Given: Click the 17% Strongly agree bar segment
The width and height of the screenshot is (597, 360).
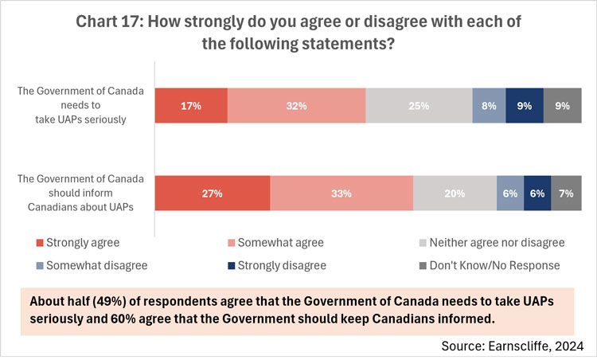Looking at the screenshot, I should point(191,105).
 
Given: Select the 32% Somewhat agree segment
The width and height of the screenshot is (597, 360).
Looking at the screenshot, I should point(296,105).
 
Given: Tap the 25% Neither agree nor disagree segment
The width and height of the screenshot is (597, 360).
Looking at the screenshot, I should point(419,105).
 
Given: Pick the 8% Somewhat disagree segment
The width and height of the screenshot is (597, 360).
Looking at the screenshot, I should point(489,105).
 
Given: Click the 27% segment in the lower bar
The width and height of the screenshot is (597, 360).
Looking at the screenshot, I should point(212,193).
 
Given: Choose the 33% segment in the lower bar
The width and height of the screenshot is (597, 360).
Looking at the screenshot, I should point(341,193).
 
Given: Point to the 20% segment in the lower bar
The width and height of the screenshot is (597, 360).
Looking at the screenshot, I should point(455,193).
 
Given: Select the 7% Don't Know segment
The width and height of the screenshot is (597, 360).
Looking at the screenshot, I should point(566,193).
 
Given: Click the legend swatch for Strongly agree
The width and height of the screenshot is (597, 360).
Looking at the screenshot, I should point(41,242).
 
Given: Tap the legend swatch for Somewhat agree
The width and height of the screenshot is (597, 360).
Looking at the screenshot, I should point(232,242).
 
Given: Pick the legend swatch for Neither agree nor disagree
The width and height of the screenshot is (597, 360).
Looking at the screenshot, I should point(423,242).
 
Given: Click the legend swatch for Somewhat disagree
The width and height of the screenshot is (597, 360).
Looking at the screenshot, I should point(41,265).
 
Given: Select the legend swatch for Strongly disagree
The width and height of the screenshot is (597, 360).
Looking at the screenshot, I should point(232,265).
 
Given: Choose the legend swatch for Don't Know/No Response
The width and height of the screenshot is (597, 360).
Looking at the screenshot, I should point(423,265).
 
